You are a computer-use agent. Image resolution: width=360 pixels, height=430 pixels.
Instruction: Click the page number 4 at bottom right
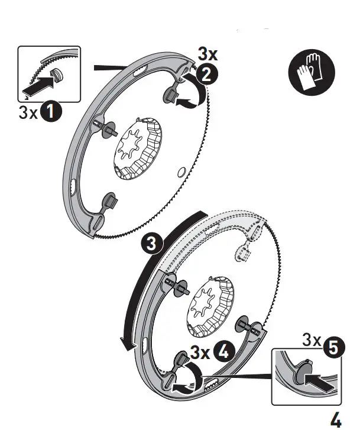(x=336, y=418)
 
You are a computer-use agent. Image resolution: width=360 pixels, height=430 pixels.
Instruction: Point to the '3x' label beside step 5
(x=312, y=340)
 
